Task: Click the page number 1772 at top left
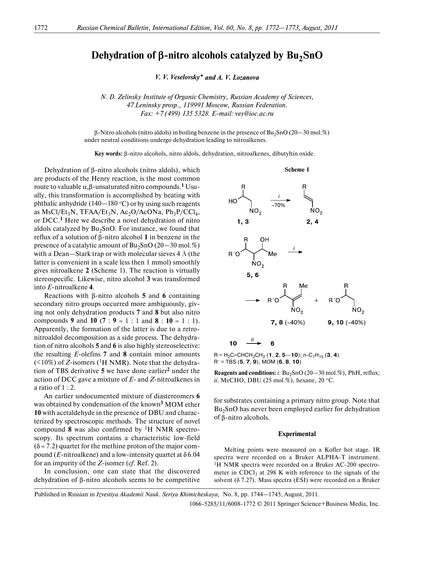(41, 28)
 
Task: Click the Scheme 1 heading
(297, 170)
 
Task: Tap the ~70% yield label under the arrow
(278, 205)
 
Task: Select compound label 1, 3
(243, 222)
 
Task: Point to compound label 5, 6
(253, 275)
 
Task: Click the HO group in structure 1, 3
(233, 201)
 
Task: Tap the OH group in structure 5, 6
(264, 240)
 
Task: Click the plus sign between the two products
(316, 301)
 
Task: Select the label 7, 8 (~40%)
(288, 322)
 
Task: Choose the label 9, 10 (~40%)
(347, 322)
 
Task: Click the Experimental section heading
(297, 434)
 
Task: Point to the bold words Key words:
(108, 154)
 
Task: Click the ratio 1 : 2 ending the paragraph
(69, 387)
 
